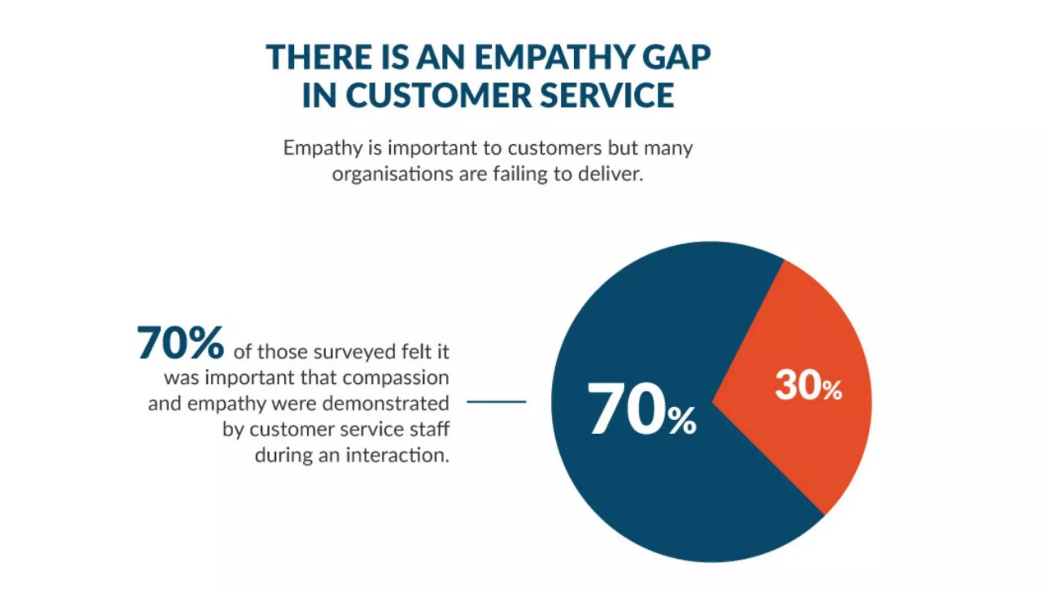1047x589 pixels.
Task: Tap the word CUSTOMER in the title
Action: [x=439, y=96]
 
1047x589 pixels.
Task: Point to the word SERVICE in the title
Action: [x=607, y=96]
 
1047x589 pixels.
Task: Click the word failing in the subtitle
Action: [x=520, y=174]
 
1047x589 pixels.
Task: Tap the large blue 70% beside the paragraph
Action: [x=180, y=343]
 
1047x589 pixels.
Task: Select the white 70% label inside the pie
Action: [x=642, y=410]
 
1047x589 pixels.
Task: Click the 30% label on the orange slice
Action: [x=808, y=386]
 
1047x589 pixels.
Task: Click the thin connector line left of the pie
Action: [x=496, y=402]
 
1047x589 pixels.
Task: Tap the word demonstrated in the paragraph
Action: [x=385, y=404]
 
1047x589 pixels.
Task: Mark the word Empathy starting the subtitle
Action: [x=323, y=148]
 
